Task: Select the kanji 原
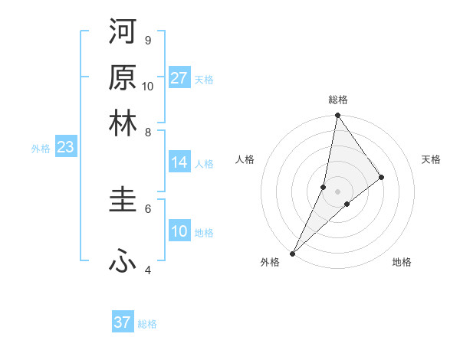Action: [x=123, y=77]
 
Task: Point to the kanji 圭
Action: [x=123, y=201]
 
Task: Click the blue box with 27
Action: [x=179, y=78]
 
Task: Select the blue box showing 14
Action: [x=179, y=162]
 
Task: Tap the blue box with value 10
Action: [x=179, y=232]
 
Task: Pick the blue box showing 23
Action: [x=65, y=148]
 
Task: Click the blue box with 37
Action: [x=123, y=322]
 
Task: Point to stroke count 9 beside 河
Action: [x=147, y=40]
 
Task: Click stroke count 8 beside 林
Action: [x=147, y=132]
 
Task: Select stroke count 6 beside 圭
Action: [x=147, y=208]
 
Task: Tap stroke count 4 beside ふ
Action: [x=147, y=270]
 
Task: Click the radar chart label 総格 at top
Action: [x=338, y=100]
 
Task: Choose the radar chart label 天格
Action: [x=431, y=159]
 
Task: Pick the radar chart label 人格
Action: [x=245, y=159]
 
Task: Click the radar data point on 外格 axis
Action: [x=292, y=253]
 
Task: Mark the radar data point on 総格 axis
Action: [x=338, y=116]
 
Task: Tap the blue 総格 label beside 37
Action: [x=147, y=324]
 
